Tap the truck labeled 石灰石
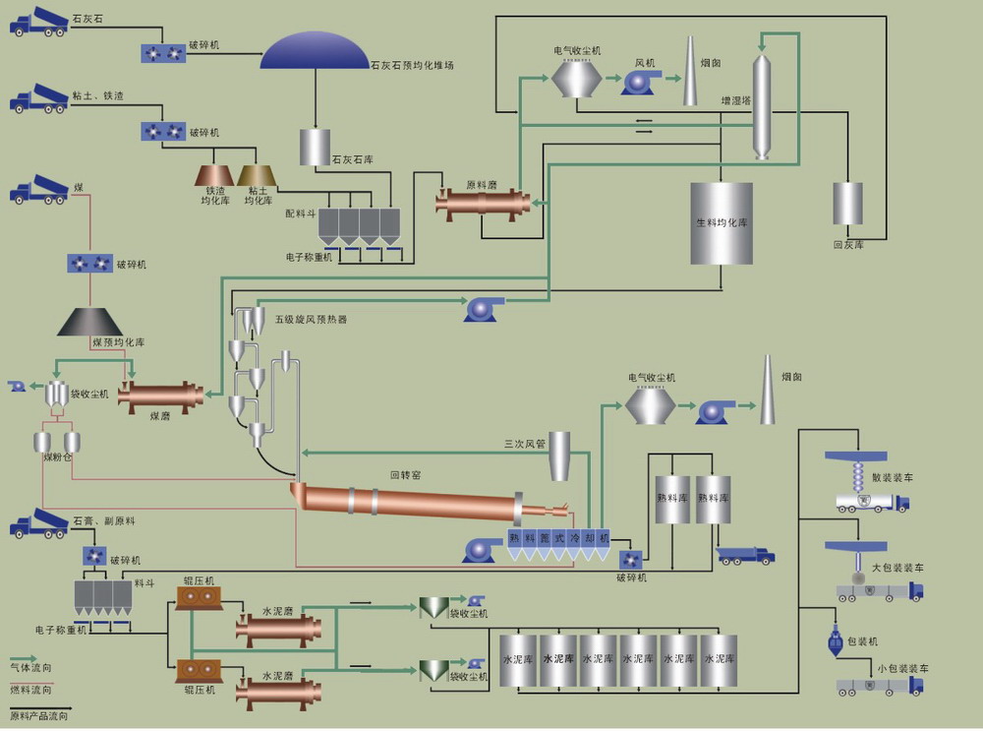coord(39,21)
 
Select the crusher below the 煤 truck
coord(89,263)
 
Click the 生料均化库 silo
coord(722,223)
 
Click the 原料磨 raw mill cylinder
coord(483,203)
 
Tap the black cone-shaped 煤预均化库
coord(89,322)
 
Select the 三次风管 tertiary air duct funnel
coord(559,457)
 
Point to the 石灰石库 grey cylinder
coord(315,147)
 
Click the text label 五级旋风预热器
coord(310,319)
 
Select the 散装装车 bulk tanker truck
coord(871,502)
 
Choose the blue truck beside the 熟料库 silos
coord(745,555)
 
